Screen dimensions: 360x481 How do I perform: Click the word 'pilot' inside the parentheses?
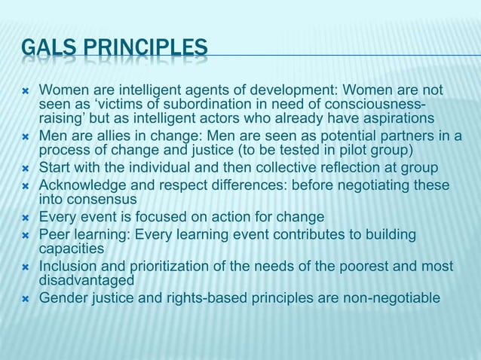pos(344,151)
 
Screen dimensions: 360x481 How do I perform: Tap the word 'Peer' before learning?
pos(54,235)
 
